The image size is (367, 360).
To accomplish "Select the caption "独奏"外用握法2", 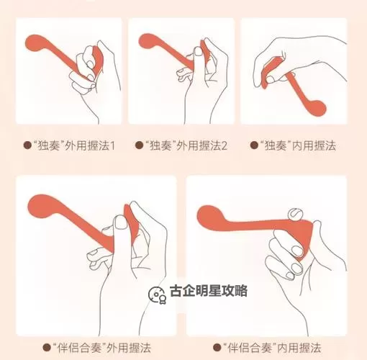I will [x=182, y=145].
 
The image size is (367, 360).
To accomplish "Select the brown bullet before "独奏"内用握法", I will [x=253, y=145].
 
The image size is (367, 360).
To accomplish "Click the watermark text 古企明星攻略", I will [x=208, y=291].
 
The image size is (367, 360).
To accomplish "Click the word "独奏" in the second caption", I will [x=158, y=145].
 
